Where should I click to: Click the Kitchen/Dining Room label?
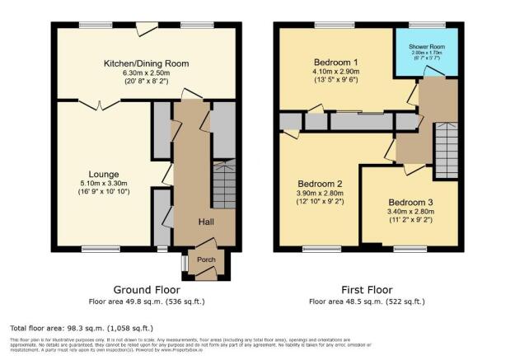click(146, 63)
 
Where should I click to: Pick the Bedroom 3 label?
click(411, 202)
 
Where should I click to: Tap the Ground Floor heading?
click(146, 289)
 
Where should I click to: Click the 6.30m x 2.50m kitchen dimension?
click(146, 73)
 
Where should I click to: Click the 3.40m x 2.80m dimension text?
click(411, 212)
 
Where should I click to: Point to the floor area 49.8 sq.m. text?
click(146, 302)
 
